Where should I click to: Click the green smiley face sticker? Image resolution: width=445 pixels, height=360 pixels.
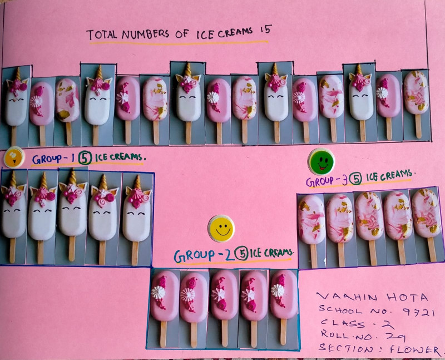[321, 161]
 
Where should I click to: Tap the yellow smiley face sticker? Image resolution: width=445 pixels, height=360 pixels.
[221, 229]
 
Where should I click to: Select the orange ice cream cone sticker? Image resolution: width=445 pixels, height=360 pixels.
[14, 157]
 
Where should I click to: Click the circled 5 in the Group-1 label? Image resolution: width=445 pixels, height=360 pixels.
[85, 158]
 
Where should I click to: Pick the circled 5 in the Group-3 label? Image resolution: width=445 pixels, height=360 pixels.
[355, 179]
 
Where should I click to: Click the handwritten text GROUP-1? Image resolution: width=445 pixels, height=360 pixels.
[53, 159]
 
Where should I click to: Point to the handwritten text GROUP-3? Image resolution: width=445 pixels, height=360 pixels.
[327, 181]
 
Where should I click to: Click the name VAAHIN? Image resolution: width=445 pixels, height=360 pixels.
[347, 297]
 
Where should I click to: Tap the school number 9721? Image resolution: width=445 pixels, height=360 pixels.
[419, 312]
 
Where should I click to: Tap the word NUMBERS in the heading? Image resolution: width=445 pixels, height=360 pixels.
[145, 34]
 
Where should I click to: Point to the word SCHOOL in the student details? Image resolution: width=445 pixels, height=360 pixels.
[340, 309]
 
